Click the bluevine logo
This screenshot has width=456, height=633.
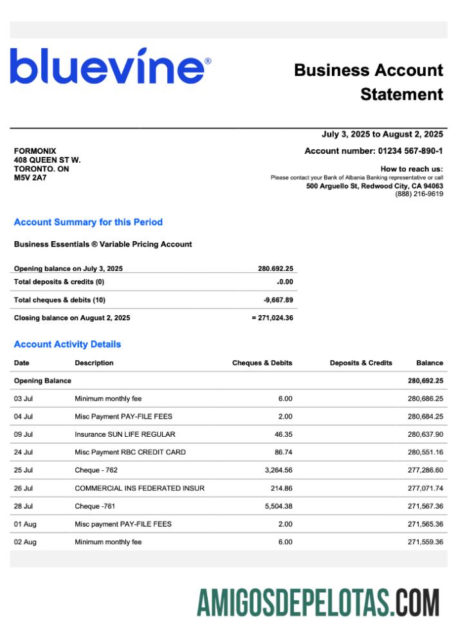coord(110,66)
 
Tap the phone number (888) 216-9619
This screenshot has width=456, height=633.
coord(419,194)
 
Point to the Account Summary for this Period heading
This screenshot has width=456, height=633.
coord(88,222)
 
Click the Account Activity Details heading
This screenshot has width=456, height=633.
coord(68,344)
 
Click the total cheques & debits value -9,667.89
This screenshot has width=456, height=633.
coord(278,300)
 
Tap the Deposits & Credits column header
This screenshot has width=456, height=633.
coord(361,363)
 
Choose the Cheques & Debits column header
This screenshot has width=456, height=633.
coord(262,363)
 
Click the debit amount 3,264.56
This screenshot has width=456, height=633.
coord(278,470)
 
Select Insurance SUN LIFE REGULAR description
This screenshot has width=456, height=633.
coord(125,434)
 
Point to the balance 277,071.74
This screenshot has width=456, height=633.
coord(425,488)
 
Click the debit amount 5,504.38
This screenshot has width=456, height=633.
coord(278,506)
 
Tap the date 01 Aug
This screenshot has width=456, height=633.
coord(25,524)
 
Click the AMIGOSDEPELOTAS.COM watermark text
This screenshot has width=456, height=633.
coord(318,603)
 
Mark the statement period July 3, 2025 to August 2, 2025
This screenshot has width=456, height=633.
coord(382,134)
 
